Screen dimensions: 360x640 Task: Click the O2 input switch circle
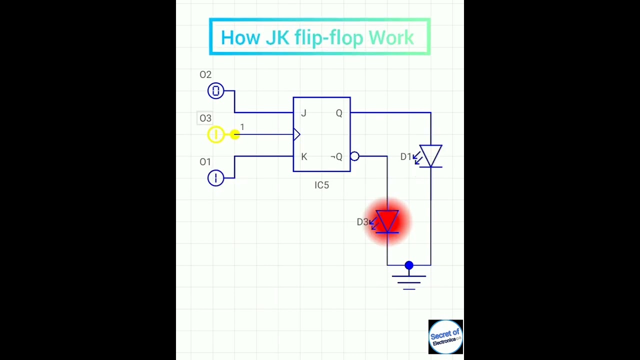pos(216,91)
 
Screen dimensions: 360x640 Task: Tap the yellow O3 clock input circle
pos(216,134)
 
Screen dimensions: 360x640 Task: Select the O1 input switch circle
pos(216,178)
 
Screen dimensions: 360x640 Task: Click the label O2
pos(205,75)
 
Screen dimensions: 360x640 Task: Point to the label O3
pos(205,118)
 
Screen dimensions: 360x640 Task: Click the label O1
pos(205,162)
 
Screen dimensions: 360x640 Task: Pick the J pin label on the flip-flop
pos(303,113)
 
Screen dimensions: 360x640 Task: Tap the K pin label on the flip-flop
pos(304,157)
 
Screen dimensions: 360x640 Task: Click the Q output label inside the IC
pos(339,113)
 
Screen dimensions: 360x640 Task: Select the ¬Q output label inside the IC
pos(336,157)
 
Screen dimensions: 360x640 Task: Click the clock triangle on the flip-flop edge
pos(296,134)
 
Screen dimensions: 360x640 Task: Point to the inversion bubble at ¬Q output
pos(354,156)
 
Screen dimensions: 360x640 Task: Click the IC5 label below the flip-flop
pos(322,185)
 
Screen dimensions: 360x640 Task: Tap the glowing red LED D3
pos(387,221)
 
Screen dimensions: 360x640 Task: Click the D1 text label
pos(405,157)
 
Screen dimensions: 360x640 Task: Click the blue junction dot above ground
pos(409,265)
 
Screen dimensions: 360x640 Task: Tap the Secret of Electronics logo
pos(445,336)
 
